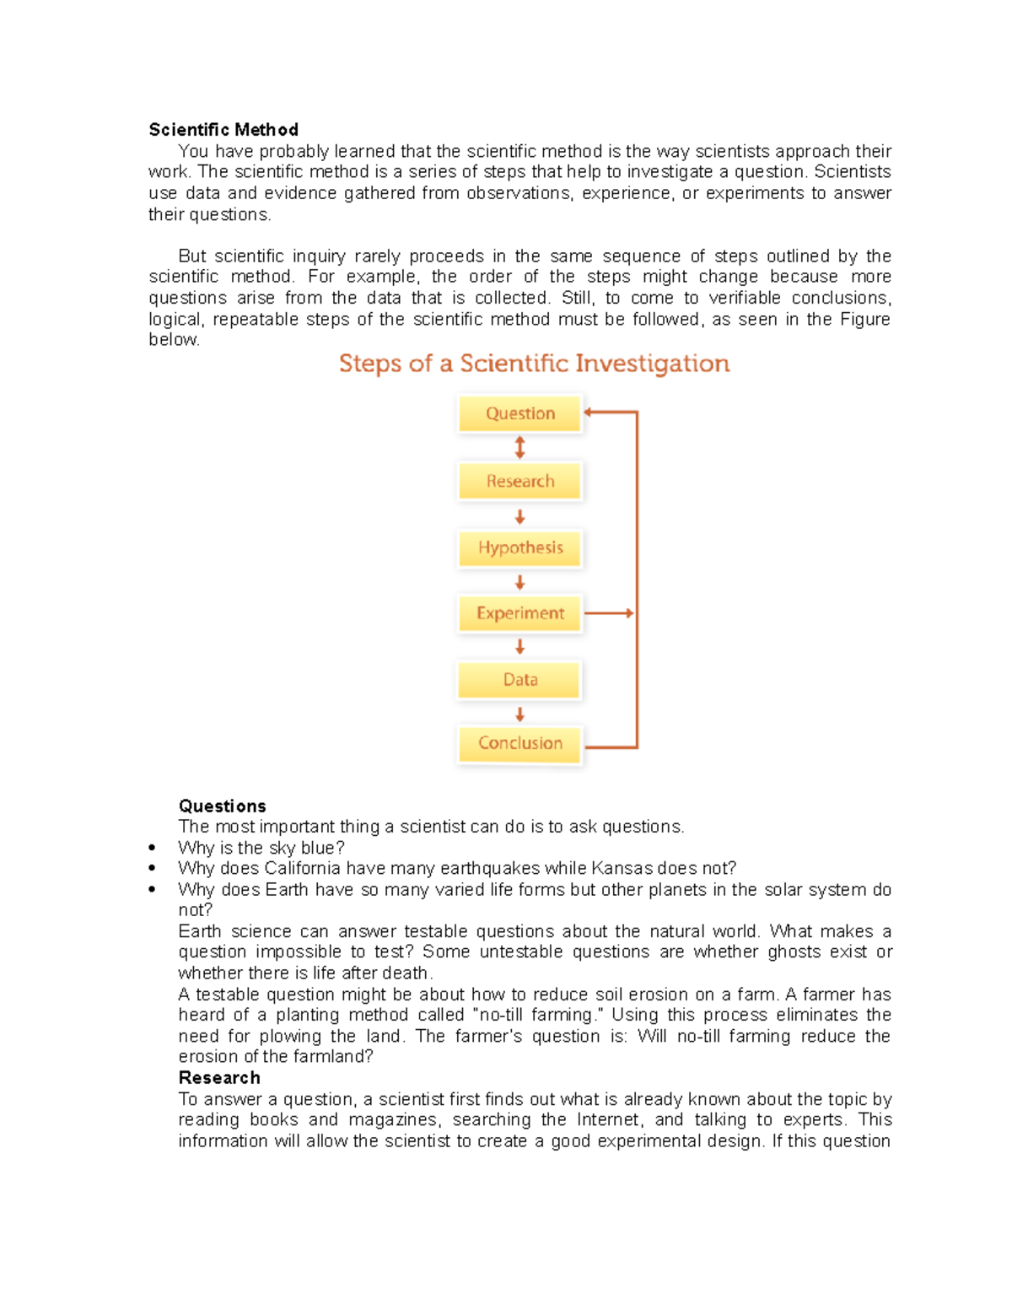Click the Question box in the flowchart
(x=520, y=413)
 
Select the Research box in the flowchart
(x=520, y=481)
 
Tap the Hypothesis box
(x=520, y=547)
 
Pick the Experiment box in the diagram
(x=520, y=613)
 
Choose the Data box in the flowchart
(x=520, y=680)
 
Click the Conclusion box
(x=520, y=743)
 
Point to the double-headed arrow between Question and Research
(x=520, y=447)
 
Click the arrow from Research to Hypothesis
(x=520, y=516)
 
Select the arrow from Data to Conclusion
(x=520, y=714)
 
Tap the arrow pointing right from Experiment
(x=609, y=613)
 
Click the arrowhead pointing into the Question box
(x=589, y=412)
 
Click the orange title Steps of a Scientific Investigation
(x=534, y=364)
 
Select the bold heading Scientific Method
(x=223, y=130)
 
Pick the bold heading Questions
(x=222, y=806)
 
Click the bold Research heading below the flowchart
(x=219, y=1078)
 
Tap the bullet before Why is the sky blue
(x=152, y=848)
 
